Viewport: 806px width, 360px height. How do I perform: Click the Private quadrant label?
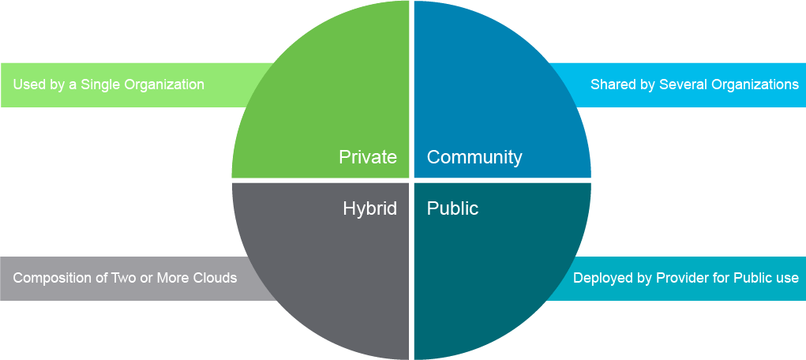368,157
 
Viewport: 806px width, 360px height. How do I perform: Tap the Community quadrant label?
474,157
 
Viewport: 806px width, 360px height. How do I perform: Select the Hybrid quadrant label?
369,208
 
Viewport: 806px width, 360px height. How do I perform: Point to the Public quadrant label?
452,208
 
